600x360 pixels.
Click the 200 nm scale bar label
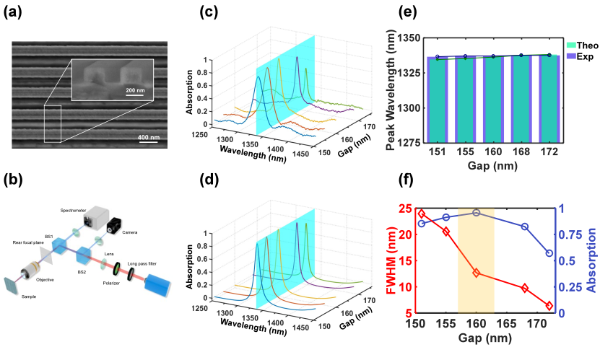pos(135,90)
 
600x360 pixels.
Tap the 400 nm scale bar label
pos(149,137)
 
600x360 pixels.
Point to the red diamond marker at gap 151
pos(422,214)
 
